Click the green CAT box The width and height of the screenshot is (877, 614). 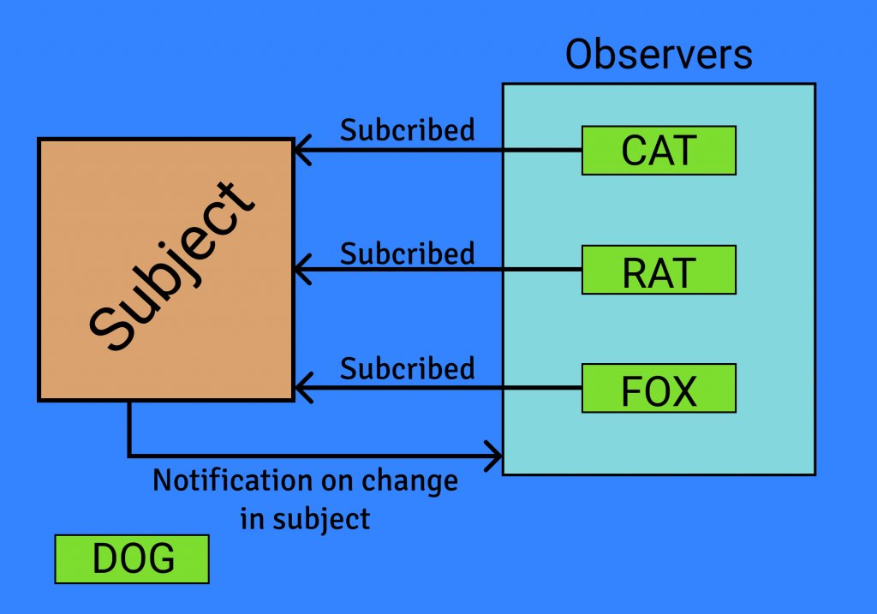click(659, 151)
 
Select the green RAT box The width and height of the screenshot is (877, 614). click(659, 271)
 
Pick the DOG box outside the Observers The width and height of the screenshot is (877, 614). click(132, 559)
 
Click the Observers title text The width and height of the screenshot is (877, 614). click(659, 55)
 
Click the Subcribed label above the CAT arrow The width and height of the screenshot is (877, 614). click(407, 130)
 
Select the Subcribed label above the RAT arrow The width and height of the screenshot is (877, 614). click(407, 254)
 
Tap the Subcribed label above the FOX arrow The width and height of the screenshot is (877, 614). click(407, 368)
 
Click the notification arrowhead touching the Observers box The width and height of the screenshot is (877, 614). click(496, 455)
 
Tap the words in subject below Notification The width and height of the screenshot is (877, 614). click(305, 518)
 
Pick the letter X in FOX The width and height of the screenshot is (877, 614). click(682, 390)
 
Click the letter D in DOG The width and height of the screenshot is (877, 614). click(104, 559)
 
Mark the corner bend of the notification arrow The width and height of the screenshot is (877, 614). click(129, 455)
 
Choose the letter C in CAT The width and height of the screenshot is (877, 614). click(634, 151)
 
